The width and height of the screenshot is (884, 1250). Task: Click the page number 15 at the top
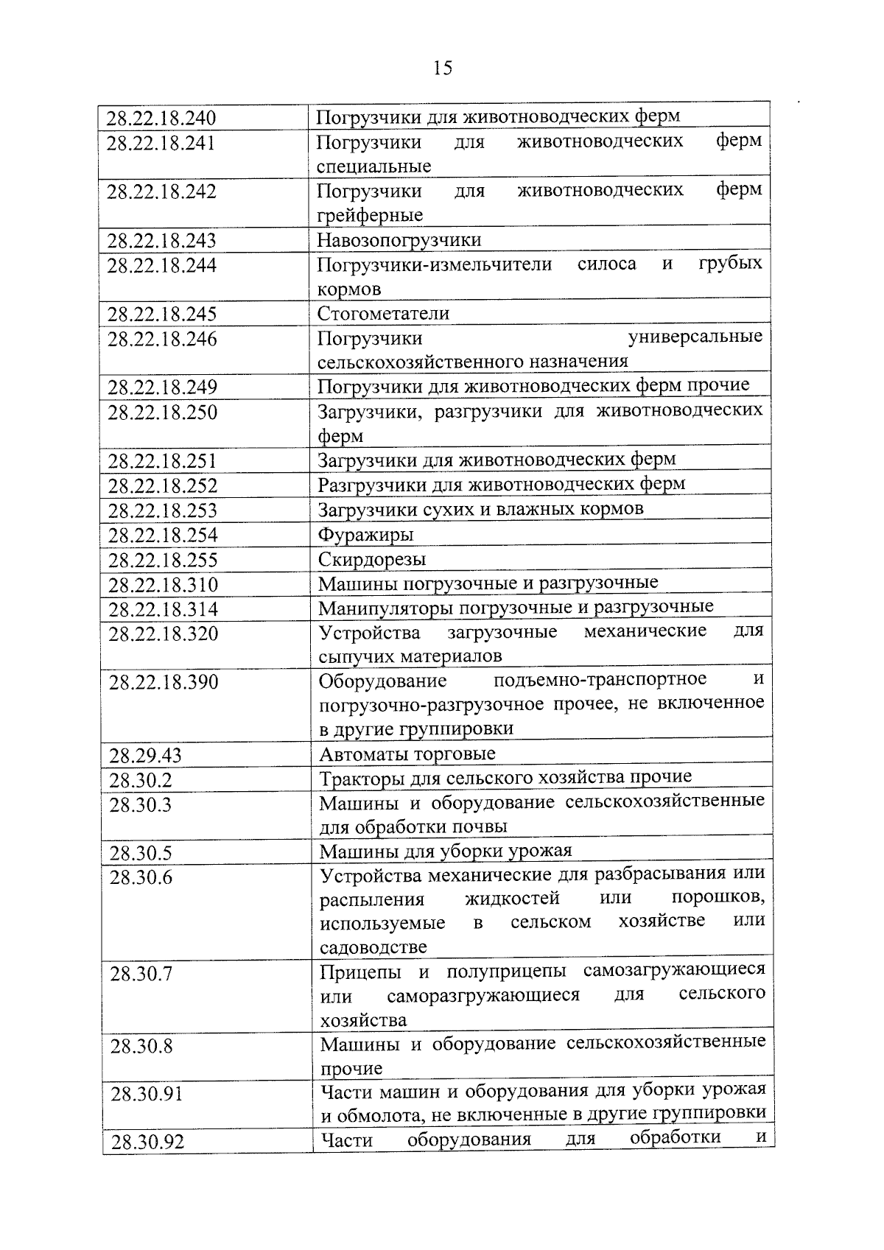point(443,69)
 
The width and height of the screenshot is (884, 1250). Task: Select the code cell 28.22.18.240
point(161,118)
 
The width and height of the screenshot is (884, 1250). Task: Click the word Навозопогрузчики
point(399,240)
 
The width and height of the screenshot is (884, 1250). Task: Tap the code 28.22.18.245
point(162,315)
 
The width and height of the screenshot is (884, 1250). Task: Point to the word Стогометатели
point(383,314)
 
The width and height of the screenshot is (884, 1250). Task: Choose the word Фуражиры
point(365,534)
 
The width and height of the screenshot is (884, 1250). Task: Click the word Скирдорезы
point(372,559)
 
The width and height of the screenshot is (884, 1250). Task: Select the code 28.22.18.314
point(164,610)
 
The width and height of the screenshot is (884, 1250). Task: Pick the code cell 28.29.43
point(145,756)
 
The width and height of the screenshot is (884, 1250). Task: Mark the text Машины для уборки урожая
point(446,852)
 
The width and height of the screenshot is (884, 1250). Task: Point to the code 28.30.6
point(141,877)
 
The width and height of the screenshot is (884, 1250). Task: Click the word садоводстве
point(373,947)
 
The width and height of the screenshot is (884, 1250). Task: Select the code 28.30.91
point(146,1094)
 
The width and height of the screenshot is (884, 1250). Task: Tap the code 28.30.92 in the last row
point(147,1142)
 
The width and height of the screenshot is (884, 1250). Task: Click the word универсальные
point(695,337)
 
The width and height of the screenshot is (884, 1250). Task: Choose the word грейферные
point(370,215)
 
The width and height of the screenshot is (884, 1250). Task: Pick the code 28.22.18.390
point(164,682)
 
